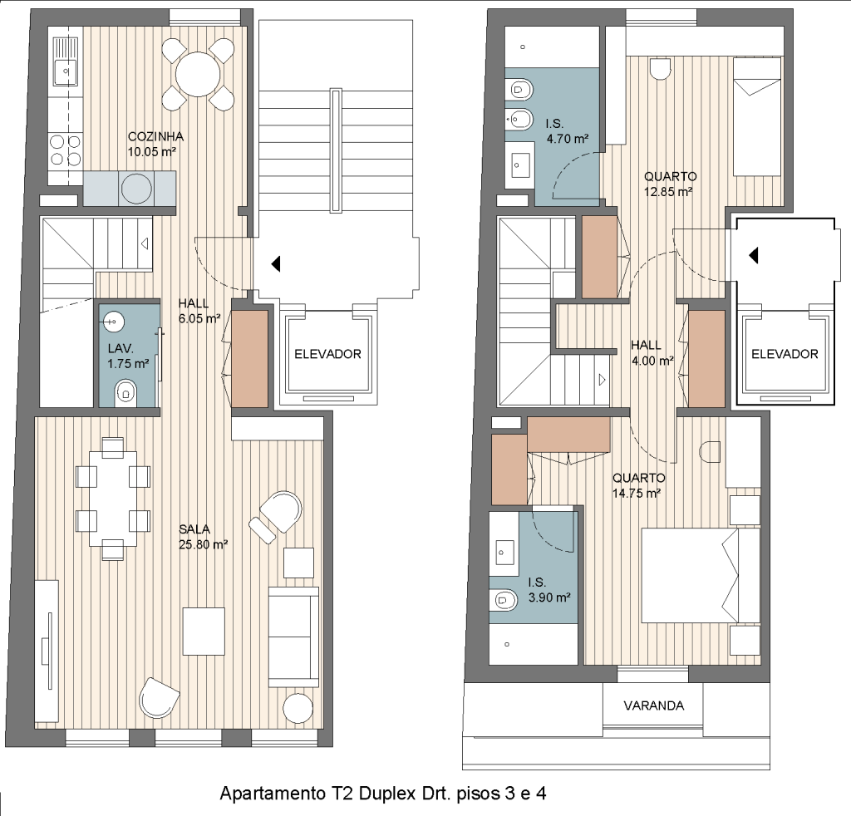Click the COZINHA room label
click(x=155, y=137)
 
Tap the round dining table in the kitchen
click(x=198, y=74)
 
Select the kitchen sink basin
click(x=66, y=71)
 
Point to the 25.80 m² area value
click(x=203, y=544)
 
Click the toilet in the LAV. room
click(x=126, y=391)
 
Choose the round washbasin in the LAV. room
click(x=113, y=322)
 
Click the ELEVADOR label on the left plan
click(x=327, y=354)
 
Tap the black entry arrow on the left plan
click(x=276, y=264)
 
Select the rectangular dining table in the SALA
click(x=113, y=498)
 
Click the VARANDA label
click(x=653, y=705)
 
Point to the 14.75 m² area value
click(x=637, y=494)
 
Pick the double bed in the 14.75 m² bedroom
click(x=701, y=575)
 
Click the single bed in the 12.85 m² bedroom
click(x=757, y=116)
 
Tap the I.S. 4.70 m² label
click(x=567, y=131)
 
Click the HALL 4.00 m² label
click(x=652, y=352)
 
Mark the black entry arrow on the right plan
click(x=753, y=255)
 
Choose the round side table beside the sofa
click(x=298, y=708)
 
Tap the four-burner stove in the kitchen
click(x=65, y=150)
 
